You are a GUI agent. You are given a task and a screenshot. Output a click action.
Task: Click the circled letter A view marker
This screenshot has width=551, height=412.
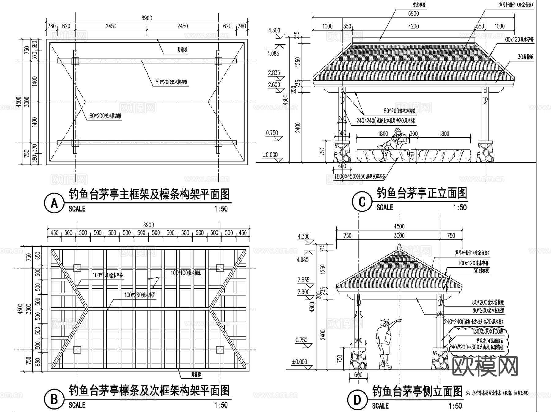click(x=54, y=203)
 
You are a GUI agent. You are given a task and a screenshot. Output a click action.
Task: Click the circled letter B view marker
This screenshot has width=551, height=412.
click(x=54, y=399)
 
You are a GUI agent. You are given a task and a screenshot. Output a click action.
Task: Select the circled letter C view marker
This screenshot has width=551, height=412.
click(x=362, y=202)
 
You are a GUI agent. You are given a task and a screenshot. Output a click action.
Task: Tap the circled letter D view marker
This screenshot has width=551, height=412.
click(x=357, y=400)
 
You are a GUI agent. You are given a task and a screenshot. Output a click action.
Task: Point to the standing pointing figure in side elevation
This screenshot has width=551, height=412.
click(x=384, y=342)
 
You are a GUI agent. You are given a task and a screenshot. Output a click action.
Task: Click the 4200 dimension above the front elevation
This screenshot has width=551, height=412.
click(x=413, y=26)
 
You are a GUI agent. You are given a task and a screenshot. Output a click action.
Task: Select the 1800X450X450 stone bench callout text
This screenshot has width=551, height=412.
click(x=359, y=176)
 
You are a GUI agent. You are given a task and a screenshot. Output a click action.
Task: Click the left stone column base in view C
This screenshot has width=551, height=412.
click(x=342, y=152)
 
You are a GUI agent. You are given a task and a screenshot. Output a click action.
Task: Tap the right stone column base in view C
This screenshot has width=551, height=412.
click(x=485, y=152)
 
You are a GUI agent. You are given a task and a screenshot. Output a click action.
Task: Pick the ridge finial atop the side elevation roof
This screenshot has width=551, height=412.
click(x=399, y=247)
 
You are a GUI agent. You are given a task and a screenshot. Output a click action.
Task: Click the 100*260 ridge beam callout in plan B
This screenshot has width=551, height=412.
click(x=140, y=295)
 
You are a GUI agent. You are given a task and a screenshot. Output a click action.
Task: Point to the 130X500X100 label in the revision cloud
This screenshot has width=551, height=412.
click(x=487, y=332)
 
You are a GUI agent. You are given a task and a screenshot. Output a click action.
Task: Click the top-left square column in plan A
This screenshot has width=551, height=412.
click(x=75, y=61)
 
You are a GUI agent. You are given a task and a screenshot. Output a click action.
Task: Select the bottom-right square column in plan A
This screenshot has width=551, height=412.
click(x=218, y=143)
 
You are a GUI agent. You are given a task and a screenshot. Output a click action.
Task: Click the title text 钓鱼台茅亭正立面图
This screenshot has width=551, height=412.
click(x=422, y=193)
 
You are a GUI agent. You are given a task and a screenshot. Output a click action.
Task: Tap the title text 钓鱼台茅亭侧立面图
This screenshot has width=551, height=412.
click(x=417, y=391)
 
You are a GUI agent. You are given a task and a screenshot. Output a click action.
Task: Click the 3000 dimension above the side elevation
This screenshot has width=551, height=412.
click(x=399, y=236)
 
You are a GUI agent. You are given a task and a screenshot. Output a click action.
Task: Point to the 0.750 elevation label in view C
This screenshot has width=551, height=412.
click(x=272, y=133)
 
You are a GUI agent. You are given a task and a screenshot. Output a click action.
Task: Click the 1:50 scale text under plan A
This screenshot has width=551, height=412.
click(x=221, y=209)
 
